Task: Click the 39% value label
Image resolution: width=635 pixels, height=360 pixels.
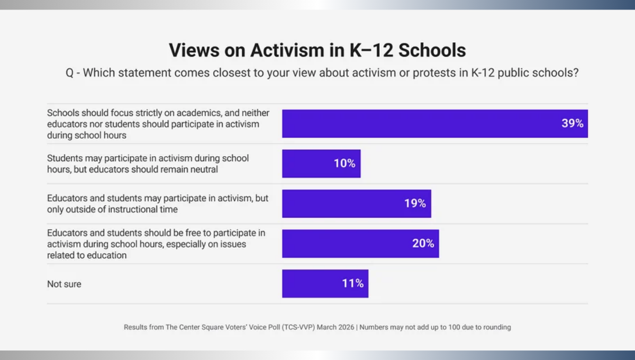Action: (x=572, y=123)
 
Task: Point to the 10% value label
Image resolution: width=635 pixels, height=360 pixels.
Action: (x=344, y=164)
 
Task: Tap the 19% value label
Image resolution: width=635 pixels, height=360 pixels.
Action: (x=415, y=204)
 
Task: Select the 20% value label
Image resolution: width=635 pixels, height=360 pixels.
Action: (x=423, y=244)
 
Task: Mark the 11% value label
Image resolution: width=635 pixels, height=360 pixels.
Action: (x=352, y=284)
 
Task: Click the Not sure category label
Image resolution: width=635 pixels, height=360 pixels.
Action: (x=64, y=284)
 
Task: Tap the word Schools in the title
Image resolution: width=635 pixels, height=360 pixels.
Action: (x=432, y=50)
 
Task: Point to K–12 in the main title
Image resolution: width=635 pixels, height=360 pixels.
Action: (x=369, y=50)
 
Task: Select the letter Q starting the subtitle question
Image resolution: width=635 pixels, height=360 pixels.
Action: (x=70, y=73)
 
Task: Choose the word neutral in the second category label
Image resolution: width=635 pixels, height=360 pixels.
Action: (x=205, y=170)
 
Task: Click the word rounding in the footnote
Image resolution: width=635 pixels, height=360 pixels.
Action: (x=496, y=327)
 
